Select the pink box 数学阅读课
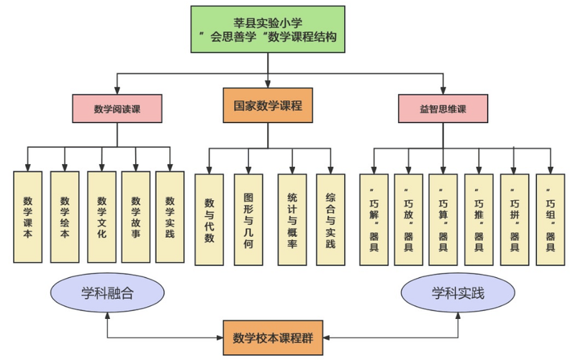pyautogui.click(x=117, y=109)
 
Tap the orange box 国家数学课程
pyautogui.click(x=268, y=105)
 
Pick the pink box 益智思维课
pyautogui.click(x=443, y=109)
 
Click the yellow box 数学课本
pyautogui.click(x=28, y=217)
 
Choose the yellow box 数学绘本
pyautogui.click(x=65, y=217)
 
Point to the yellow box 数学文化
pyautogui.click(x=101, y=217)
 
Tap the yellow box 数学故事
pyautogui.click(x=135, y=217)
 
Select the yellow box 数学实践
pyautogui.click(x=171, y=217)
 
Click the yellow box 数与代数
pyautogui.click(x=209, y=219)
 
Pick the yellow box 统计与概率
pyautogui.click(x=292, y=219)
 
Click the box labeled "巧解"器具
pyautogui.click(x=374, y=219)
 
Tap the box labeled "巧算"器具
pyautogui.click(x=443, y=219)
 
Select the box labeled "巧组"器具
pyautogui.click(x=551, y=219)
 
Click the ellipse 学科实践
pyautogui.click(x=459, y=294)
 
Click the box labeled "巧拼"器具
pyautogui.click(x=515, y=219)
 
